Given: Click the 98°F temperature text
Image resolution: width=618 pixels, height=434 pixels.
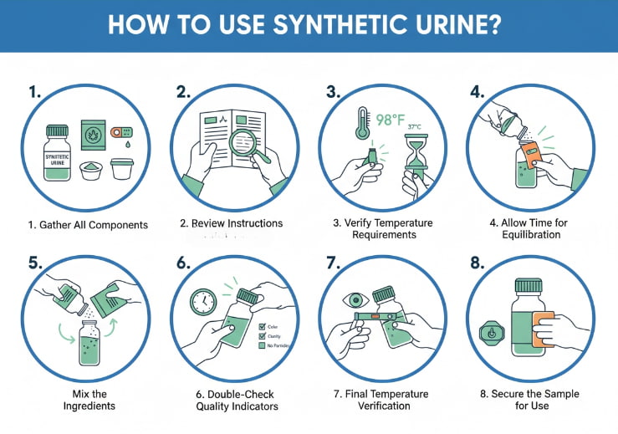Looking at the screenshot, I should coord(390,121).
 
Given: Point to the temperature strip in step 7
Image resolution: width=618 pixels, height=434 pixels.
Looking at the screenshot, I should coord(373,316).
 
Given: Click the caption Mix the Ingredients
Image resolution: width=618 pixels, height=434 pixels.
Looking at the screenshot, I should coord(81,400).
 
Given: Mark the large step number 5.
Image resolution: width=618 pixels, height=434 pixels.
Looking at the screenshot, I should coord(34,262).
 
